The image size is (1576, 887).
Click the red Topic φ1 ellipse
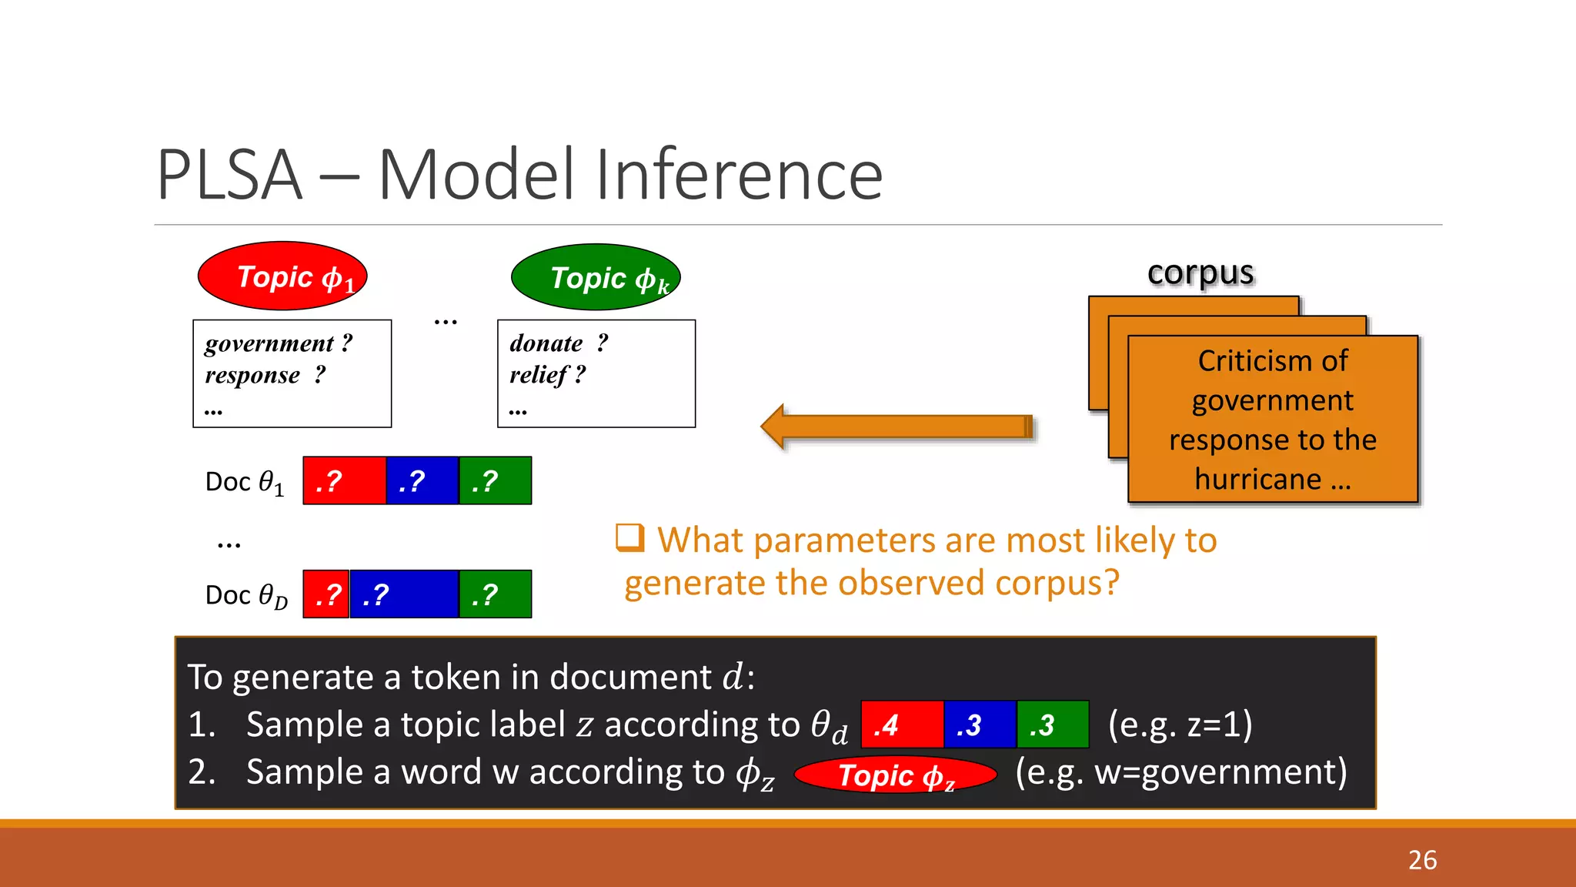tap(282, 276)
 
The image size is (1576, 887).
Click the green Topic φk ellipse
tap(596, 278)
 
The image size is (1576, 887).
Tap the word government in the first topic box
tap(269, 343)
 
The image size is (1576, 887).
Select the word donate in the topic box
tap(546, 343)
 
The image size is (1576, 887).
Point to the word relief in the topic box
tap(537, 375)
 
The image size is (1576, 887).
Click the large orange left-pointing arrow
tap(897, 427)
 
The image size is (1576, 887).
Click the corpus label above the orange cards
tap(1200, 273)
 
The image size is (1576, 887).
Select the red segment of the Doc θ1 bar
tap(344, 481)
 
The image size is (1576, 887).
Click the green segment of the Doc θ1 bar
tap(495, 481)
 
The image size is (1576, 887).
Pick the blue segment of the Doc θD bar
tap(404, 594)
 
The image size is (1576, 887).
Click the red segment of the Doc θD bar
tap(326, 594)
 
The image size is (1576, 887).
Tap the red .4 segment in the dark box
tap(902, 725)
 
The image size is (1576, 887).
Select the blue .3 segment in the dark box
tap(980, 725)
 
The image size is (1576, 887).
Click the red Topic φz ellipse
tap(895, 775)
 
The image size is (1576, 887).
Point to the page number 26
tap(1422, 860)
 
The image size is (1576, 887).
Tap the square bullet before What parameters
tap(629, 538)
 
